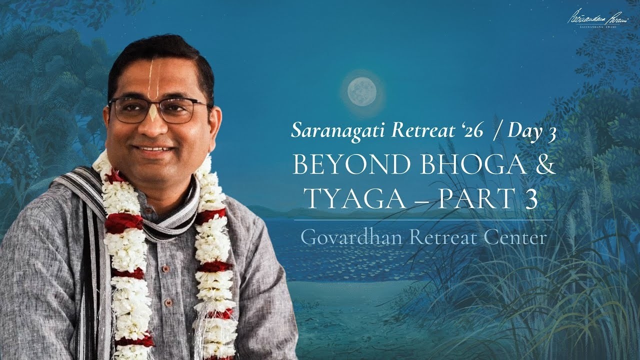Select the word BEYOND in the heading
347,165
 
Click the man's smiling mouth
154,148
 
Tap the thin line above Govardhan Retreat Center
423,219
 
